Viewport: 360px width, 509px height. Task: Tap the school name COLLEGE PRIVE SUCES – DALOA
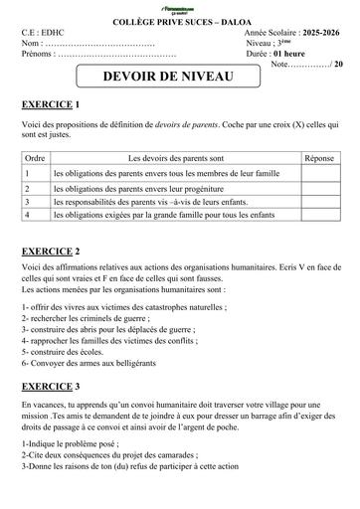click(179, 22)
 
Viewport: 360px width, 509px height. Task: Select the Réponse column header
click(318, 157)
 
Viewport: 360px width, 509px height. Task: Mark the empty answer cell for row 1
click(318, 172)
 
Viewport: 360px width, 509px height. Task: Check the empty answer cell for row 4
click(318, 214)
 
